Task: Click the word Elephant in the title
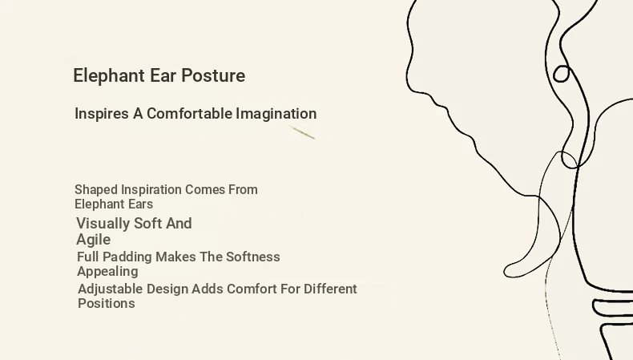[109, 76]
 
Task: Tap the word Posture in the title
[213, 75]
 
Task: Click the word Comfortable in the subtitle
[189, 114]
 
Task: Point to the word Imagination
[276, 114]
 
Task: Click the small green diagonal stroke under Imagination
[301, 132]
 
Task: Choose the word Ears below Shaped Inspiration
[141, 204]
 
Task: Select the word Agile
[93, 240]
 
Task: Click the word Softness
[252, 257]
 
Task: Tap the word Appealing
[107, 272]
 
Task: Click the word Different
[330, 289]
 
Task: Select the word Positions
[107, 303]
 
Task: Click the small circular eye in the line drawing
[561, 74]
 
